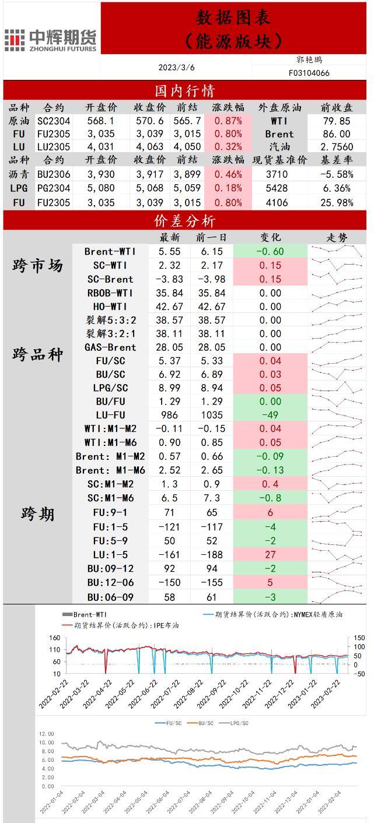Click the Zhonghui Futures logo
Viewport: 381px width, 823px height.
[50, 40]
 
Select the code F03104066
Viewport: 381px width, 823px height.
[309, 73]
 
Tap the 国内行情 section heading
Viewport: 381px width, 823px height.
[184, 91]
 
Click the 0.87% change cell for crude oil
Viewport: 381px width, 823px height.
[228, 121]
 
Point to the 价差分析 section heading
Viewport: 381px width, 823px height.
[184, 221]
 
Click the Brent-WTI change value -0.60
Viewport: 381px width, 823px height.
[270, 251]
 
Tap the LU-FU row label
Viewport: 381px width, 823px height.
[110, 415]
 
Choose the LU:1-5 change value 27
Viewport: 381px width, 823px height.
[270, 554]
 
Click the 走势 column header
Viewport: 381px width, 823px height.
[337, 237]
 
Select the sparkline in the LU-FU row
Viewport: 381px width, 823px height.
[337, 415]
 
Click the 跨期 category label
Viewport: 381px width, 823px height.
[38, 514]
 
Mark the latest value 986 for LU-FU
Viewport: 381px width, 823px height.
[170, 415]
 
